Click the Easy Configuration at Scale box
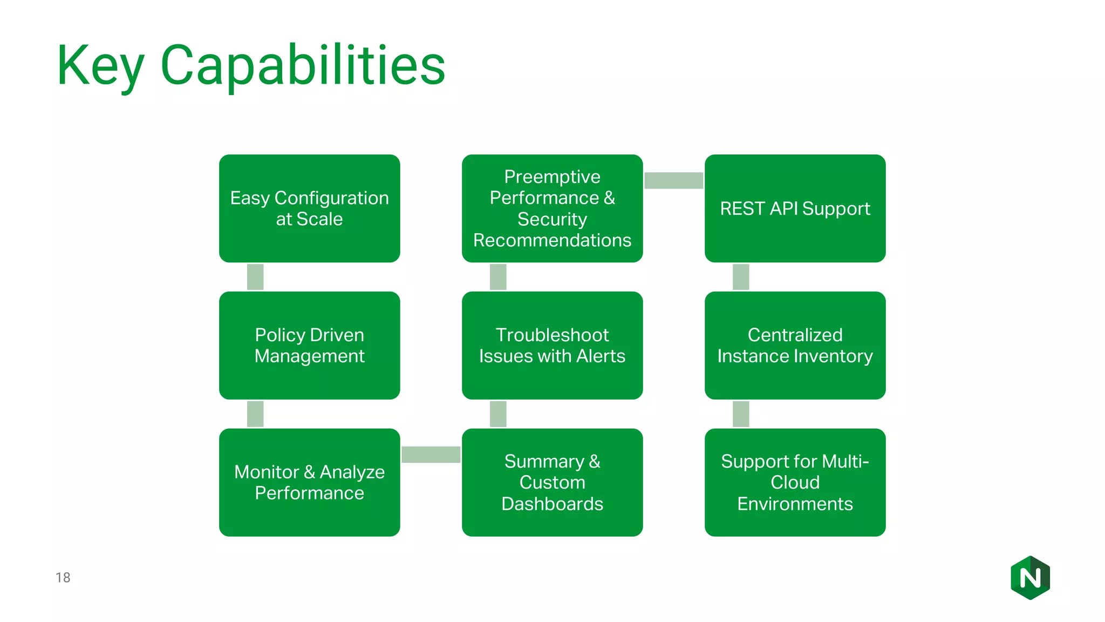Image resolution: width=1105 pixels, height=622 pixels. pos(309,208)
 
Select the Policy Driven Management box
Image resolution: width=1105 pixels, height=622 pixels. pos(309,346)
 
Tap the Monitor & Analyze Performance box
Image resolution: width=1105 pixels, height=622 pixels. pos(309,482)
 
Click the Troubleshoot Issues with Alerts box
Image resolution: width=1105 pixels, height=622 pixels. pos(552,346)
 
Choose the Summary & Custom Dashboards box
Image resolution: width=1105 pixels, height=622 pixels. pos(552,482)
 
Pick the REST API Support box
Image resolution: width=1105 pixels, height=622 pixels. pos(795,208)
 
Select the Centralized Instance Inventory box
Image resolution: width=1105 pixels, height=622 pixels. pos(795,346)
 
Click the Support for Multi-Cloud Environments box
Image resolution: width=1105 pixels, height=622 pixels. pos(795,482)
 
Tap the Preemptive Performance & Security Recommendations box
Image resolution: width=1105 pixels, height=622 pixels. pos(552,208)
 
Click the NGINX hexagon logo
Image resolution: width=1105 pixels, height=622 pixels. pos(1030,578)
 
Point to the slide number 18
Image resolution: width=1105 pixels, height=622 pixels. pos(63,578)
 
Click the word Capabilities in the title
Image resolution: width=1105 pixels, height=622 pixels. pos(303,66)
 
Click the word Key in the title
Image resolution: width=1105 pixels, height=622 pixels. pos(100,66)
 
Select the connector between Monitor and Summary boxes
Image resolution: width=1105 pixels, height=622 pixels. pos(431,455)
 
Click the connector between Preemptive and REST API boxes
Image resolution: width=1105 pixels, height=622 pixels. pos(673,180)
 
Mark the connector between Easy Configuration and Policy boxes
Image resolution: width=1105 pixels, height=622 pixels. pos(255,277)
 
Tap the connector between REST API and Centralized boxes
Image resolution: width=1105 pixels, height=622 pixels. pos(741,277)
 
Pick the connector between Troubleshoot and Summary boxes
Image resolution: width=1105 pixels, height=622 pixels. pos(498,414)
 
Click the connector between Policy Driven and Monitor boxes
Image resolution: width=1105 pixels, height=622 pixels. pos(255,414)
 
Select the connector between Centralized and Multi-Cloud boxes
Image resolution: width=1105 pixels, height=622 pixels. pos(741,414)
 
